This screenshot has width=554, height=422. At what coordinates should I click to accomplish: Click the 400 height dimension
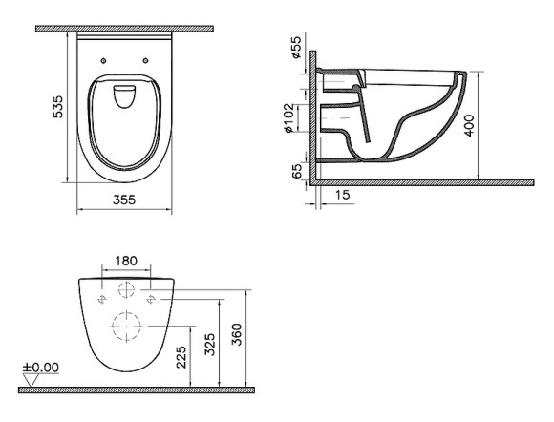467,125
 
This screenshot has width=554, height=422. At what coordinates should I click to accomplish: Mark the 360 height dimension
238,334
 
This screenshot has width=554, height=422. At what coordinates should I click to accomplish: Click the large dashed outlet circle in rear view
126,327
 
